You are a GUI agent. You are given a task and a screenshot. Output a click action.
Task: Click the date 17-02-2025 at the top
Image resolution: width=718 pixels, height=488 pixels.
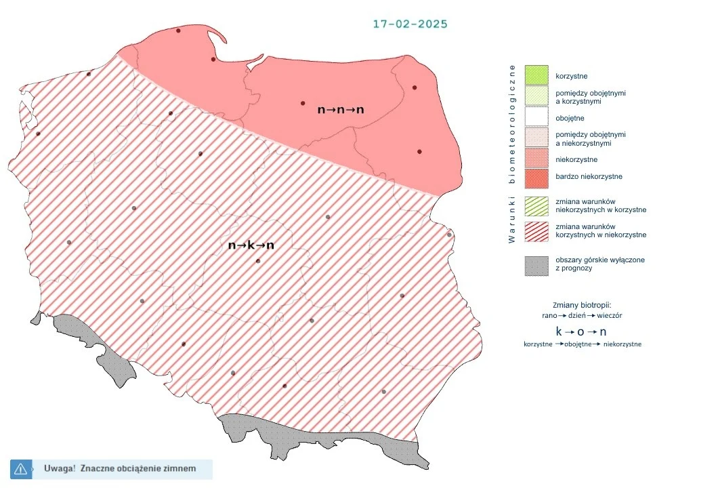pyautogui.click(x=410, y=24)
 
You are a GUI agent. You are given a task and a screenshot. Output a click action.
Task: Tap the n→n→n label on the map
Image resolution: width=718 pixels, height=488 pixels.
pyautogui.click(x=341, y=108)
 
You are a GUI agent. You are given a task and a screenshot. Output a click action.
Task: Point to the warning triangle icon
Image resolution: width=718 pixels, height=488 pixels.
pyautogui.click(x=20, y=468)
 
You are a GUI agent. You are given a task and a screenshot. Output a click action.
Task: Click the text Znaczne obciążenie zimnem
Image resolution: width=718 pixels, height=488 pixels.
pyautogui.click(x=138, y=468)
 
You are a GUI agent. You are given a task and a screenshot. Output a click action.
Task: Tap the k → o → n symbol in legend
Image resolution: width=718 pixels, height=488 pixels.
pyautogui.click(x=580, y=331)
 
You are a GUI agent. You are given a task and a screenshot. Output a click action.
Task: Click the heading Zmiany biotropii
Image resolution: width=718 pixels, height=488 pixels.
pyautogui.click(x=583, y=305)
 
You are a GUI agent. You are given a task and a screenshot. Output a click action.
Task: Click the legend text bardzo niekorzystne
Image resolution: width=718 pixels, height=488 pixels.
pyautogui.click(x=588, y=177)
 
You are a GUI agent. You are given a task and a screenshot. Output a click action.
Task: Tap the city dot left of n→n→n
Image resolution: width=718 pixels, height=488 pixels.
pyautogui.click(x=303, y=103)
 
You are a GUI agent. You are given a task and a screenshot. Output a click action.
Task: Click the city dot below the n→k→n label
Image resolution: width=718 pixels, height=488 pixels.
pyautogui.click(x=257, y=261)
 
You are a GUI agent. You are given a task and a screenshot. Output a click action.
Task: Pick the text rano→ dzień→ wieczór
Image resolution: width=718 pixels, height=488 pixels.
pyautogui.click(x=583, y=316)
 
